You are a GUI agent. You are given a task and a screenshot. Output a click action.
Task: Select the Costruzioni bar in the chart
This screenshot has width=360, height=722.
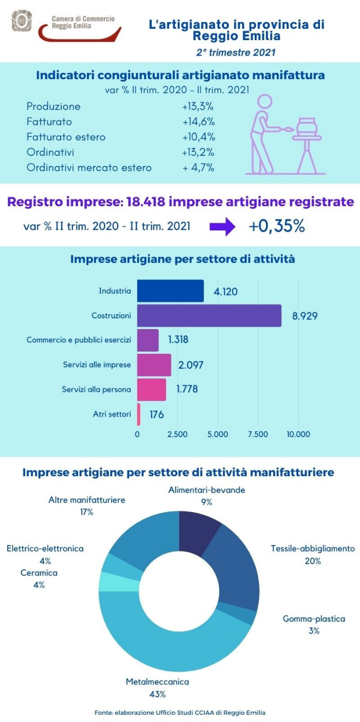click(x=209, y=315)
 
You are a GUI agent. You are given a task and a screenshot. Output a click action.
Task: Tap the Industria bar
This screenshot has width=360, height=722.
click(x=170, y=291)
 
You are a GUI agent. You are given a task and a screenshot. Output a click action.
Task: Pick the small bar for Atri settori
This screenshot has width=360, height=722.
click(x=138, y=414)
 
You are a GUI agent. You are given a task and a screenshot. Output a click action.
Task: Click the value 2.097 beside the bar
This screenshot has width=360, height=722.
click(x=191, y=365)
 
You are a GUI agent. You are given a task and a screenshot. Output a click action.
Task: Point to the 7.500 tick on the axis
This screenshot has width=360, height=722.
click(x=258, y=434)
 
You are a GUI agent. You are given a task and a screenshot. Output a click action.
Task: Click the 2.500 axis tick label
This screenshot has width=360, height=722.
click(x=177, y=434)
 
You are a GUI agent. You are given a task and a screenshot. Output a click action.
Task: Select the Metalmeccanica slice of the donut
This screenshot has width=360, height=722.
click(x=170, y=643)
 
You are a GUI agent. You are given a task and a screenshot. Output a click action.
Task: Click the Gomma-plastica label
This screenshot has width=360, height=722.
click(x=314, y=619)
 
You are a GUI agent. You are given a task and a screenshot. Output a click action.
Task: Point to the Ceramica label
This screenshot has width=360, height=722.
click(x=39, y=573)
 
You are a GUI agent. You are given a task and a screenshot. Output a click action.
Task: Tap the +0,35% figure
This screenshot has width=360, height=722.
click(x=277, y=226)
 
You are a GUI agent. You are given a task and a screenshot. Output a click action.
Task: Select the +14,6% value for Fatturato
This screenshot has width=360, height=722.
click(x=198, y=122)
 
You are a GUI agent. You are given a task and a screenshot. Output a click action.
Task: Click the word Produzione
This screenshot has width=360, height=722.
click(x=53, y=106)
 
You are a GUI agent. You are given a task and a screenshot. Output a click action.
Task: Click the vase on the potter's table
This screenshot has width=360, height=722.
click(x=307, y=127)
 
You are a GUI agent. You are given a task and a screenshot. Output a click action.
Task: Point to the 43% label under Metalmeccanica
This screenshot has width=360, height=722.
click(x=157, y=694)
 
